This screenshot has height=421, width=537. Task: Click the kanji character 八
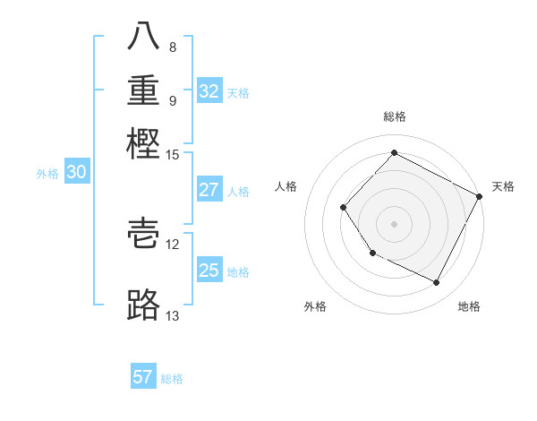tap(145, 38)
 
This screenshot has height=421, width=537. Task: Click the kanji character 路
tap(145, 305)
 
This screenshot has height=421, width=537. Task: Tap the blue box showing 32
tap(209, 91)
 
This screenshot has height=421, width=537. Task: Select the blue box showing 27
tap(209, 190)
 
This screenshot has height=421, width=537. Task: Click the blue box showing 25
tap(209, 271)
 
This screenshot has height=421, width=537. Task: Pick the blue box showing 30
tap(77, 173)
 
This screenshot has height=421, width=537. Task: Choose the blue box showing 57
tap(143, 377)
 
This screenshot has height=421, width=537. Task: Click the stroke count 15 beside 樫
tap(173, 154)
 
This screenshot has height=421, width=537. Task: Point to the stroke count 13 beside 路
tap(173, 315)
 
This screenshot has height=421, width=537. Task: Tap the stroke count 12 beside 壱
tap(173, 244)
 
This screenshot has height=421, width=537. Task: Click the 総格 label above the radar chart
tap(394, 116)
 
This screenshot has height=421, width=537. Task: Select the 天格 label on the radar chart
tap(503, 186)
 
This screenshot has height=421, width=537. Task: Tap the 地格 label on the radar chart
tap(469, 306)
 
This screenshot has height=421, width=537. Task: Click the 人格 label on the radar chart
tap(286, 186)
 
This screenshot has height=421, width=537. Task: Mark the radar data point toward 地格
tap(437, 283)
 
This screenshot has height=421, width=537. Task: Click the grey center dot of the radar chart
tap(394, 223)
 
